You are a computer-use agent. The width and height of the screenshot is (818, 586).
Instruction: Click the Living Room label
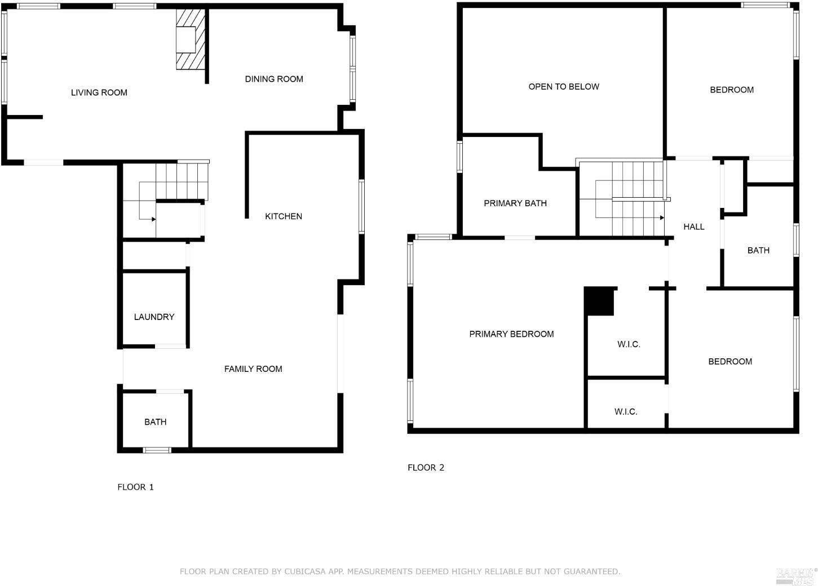(99, 92)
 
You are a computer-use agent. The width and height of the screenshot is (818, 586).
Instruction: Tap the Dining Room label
(274, 79)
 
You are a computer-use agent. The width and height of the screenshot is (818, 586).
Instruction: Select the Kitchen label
(284, 216)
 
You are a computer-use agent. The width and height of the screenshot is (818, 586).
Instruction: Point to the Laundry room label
(154, 317)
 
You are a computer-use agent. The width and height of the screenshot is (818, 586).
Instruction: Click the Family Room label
(253, 369)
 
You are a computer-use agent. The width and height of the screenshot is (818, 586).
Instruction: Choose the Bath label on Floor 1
(155, 422)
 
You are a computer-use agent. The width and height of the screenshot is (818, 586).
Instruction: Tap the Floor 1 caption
(135, 487)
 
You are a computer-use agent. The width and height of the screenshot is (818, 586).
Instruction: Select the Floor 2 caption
(426, 467)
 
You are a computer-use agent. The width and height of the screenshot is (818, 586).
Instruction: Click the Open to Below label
(564, 87)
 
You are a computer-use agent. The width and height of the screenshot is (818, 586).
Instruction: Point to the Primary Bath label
(515, 203)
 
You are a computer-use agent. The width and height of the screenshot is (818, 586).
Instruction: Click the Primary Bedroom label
(511, 334)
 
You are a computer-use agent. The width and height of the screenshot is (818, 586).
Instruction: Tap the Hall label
(694, 227)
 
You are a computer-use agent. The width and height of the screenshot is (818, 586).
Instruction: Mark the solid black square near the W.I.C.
(599, 301)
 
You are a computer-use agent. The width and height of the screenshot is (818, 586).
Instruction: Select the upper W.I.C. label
(629, 344)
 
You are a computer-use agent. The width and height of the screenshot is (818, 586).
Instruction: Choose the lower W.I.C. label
(626, 412)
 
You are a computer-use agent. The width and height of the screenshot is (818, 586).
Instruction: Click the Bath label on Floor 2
(758, 250)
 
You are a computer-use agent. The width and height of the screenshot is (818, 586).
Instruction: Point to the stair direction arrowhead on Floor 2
(662, 217)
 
